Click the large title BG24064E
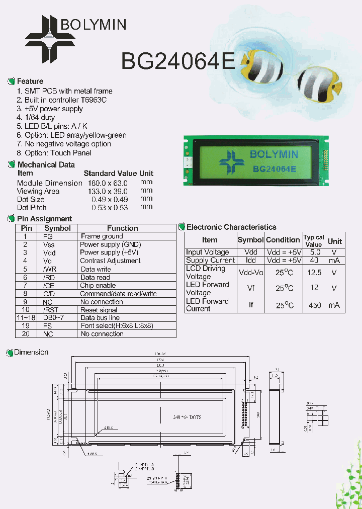point(177,61)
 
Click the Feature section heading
point(30,81)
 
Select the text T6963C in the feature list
point(94,100)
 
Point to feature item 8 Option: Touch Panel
point(54,153)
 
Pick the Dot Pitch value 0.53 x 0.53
point(109,207)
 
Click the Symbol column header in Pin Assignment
point(58,228)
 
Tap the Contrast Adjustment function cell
point(110,261)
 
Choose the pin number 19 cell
point(25,325)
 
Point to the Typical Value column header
point(314,240)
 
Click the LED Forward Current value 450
point(315,305)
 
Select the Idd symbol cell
point(250,260)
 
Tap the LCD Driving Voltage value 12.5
point(315,272)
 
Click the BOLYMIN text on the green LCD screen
point(274,154)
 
